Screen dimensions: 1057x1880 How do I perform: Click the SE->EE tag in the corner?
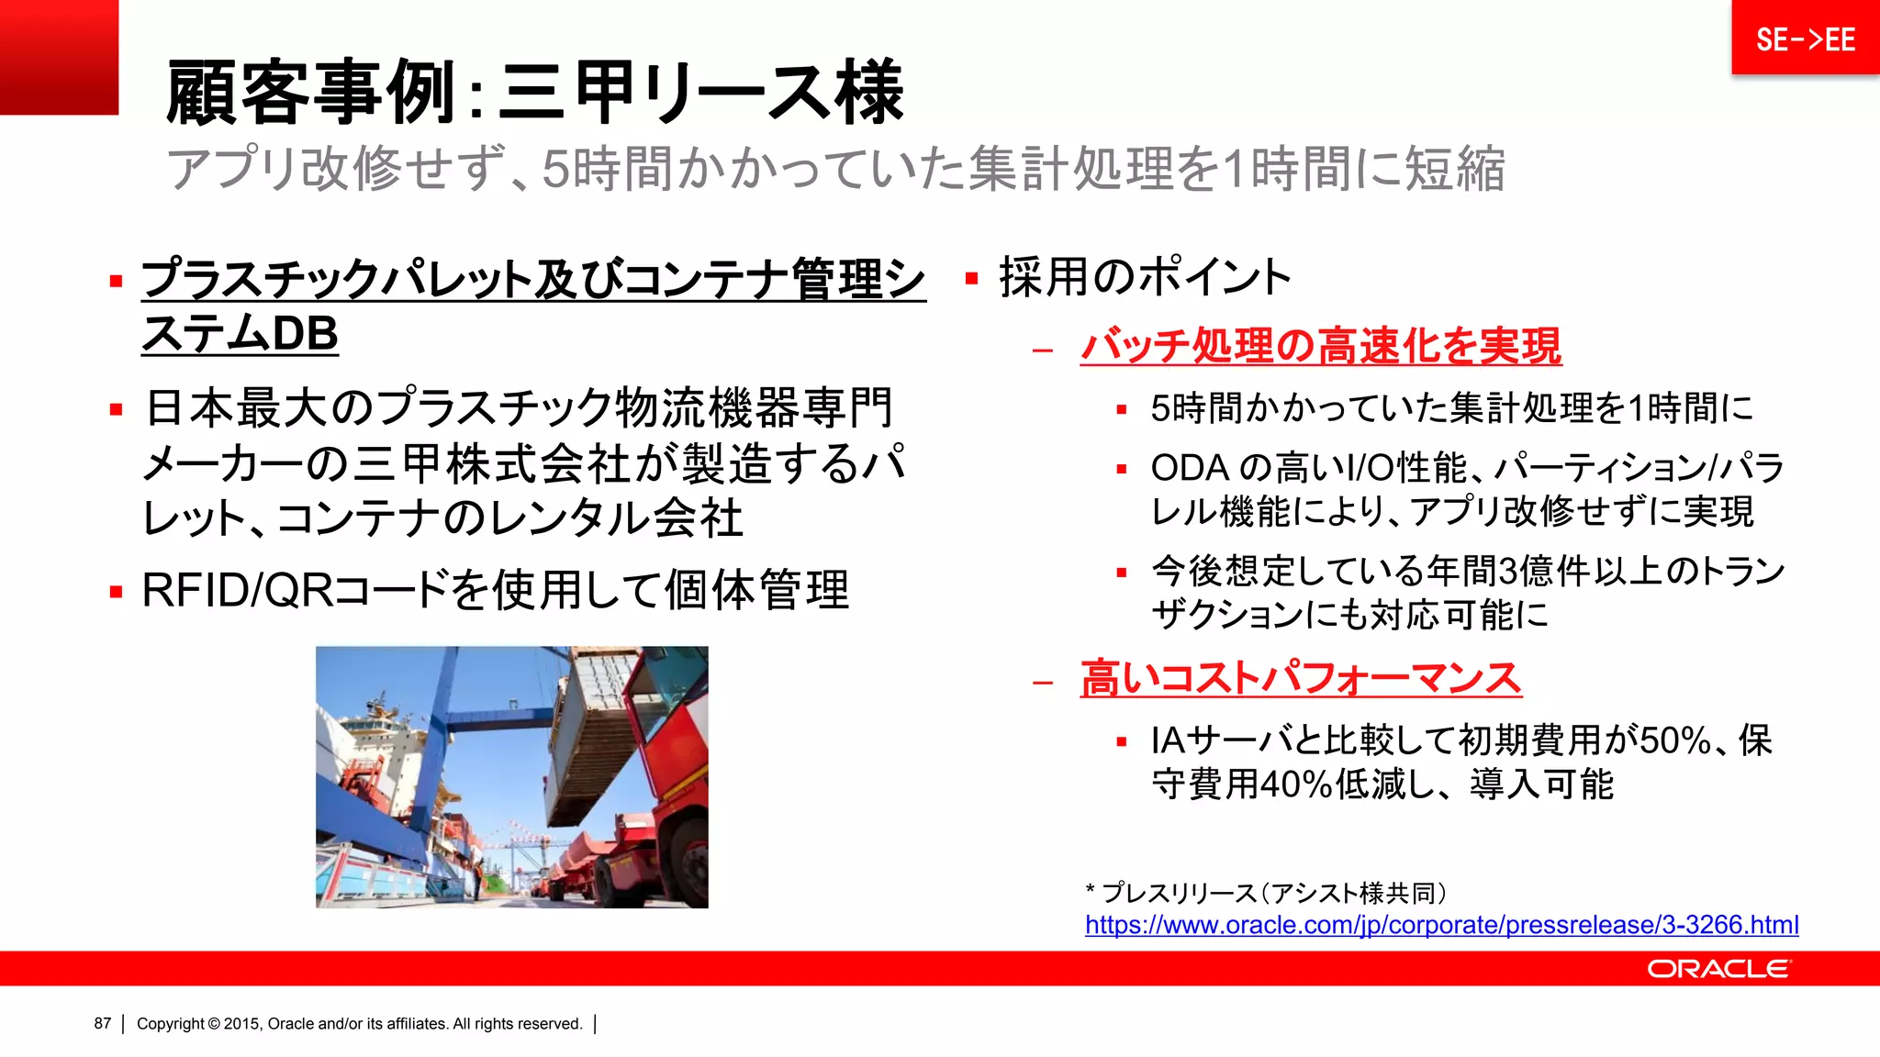pyautogui.click(x=1805, y=39)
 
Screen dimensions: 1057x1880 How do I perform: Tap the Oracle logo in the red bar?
pyautogui.click(x=1718, y=969)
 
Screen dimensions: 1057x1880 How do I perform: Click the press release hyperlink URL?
pyautogui.click(x=1441, y=925)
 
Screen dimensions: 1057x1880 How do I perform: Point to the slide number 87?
pyautogui.click(x=102, y=1024)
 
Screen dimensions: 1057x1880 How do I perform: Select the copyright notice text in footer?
pyautogui.click(x=359, y=1024)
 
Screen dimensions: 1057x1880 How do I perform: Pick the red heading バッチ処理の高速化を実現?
pyautogui.click(x=1320, y=347)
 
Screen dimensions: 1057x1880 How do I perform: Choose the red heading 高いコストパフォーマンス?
pyautogui.click(x=1301, y=679)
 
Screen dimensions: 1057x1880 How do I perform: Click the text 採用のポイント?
pyautogui.click(x=1145, y=277)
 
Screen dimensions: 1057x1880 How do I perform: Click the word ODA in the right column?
pyautogui.click(x=1190, y=468)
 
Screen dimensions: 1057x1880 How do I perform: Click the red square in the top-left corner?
pyautogui.click(x=59, y=57)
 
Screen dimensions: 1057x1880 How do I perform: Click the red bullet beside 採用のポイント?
pyautogui.click(x=971, y=278)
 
